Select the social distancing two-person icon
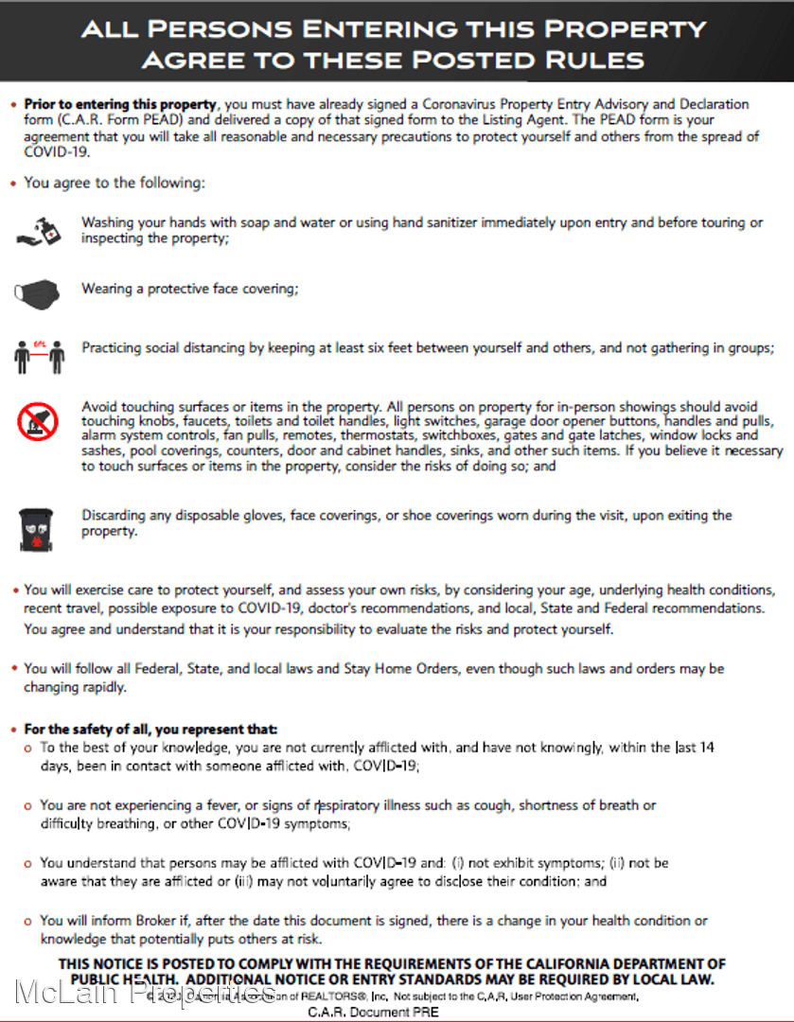[x=39, y=355]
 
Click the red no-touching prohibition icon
[x=38, y=420]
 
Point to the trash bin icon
[x=38, y=529]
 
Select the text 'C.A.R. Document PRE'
[x=373, y=1012]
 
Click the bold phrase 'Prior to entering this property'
[x=121, y=104]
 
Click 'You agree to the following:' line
[x=115, y=183]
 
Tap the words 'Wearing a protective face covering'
[x=188, y=289]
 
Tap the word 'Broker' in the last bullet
[x=142, y=921]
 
